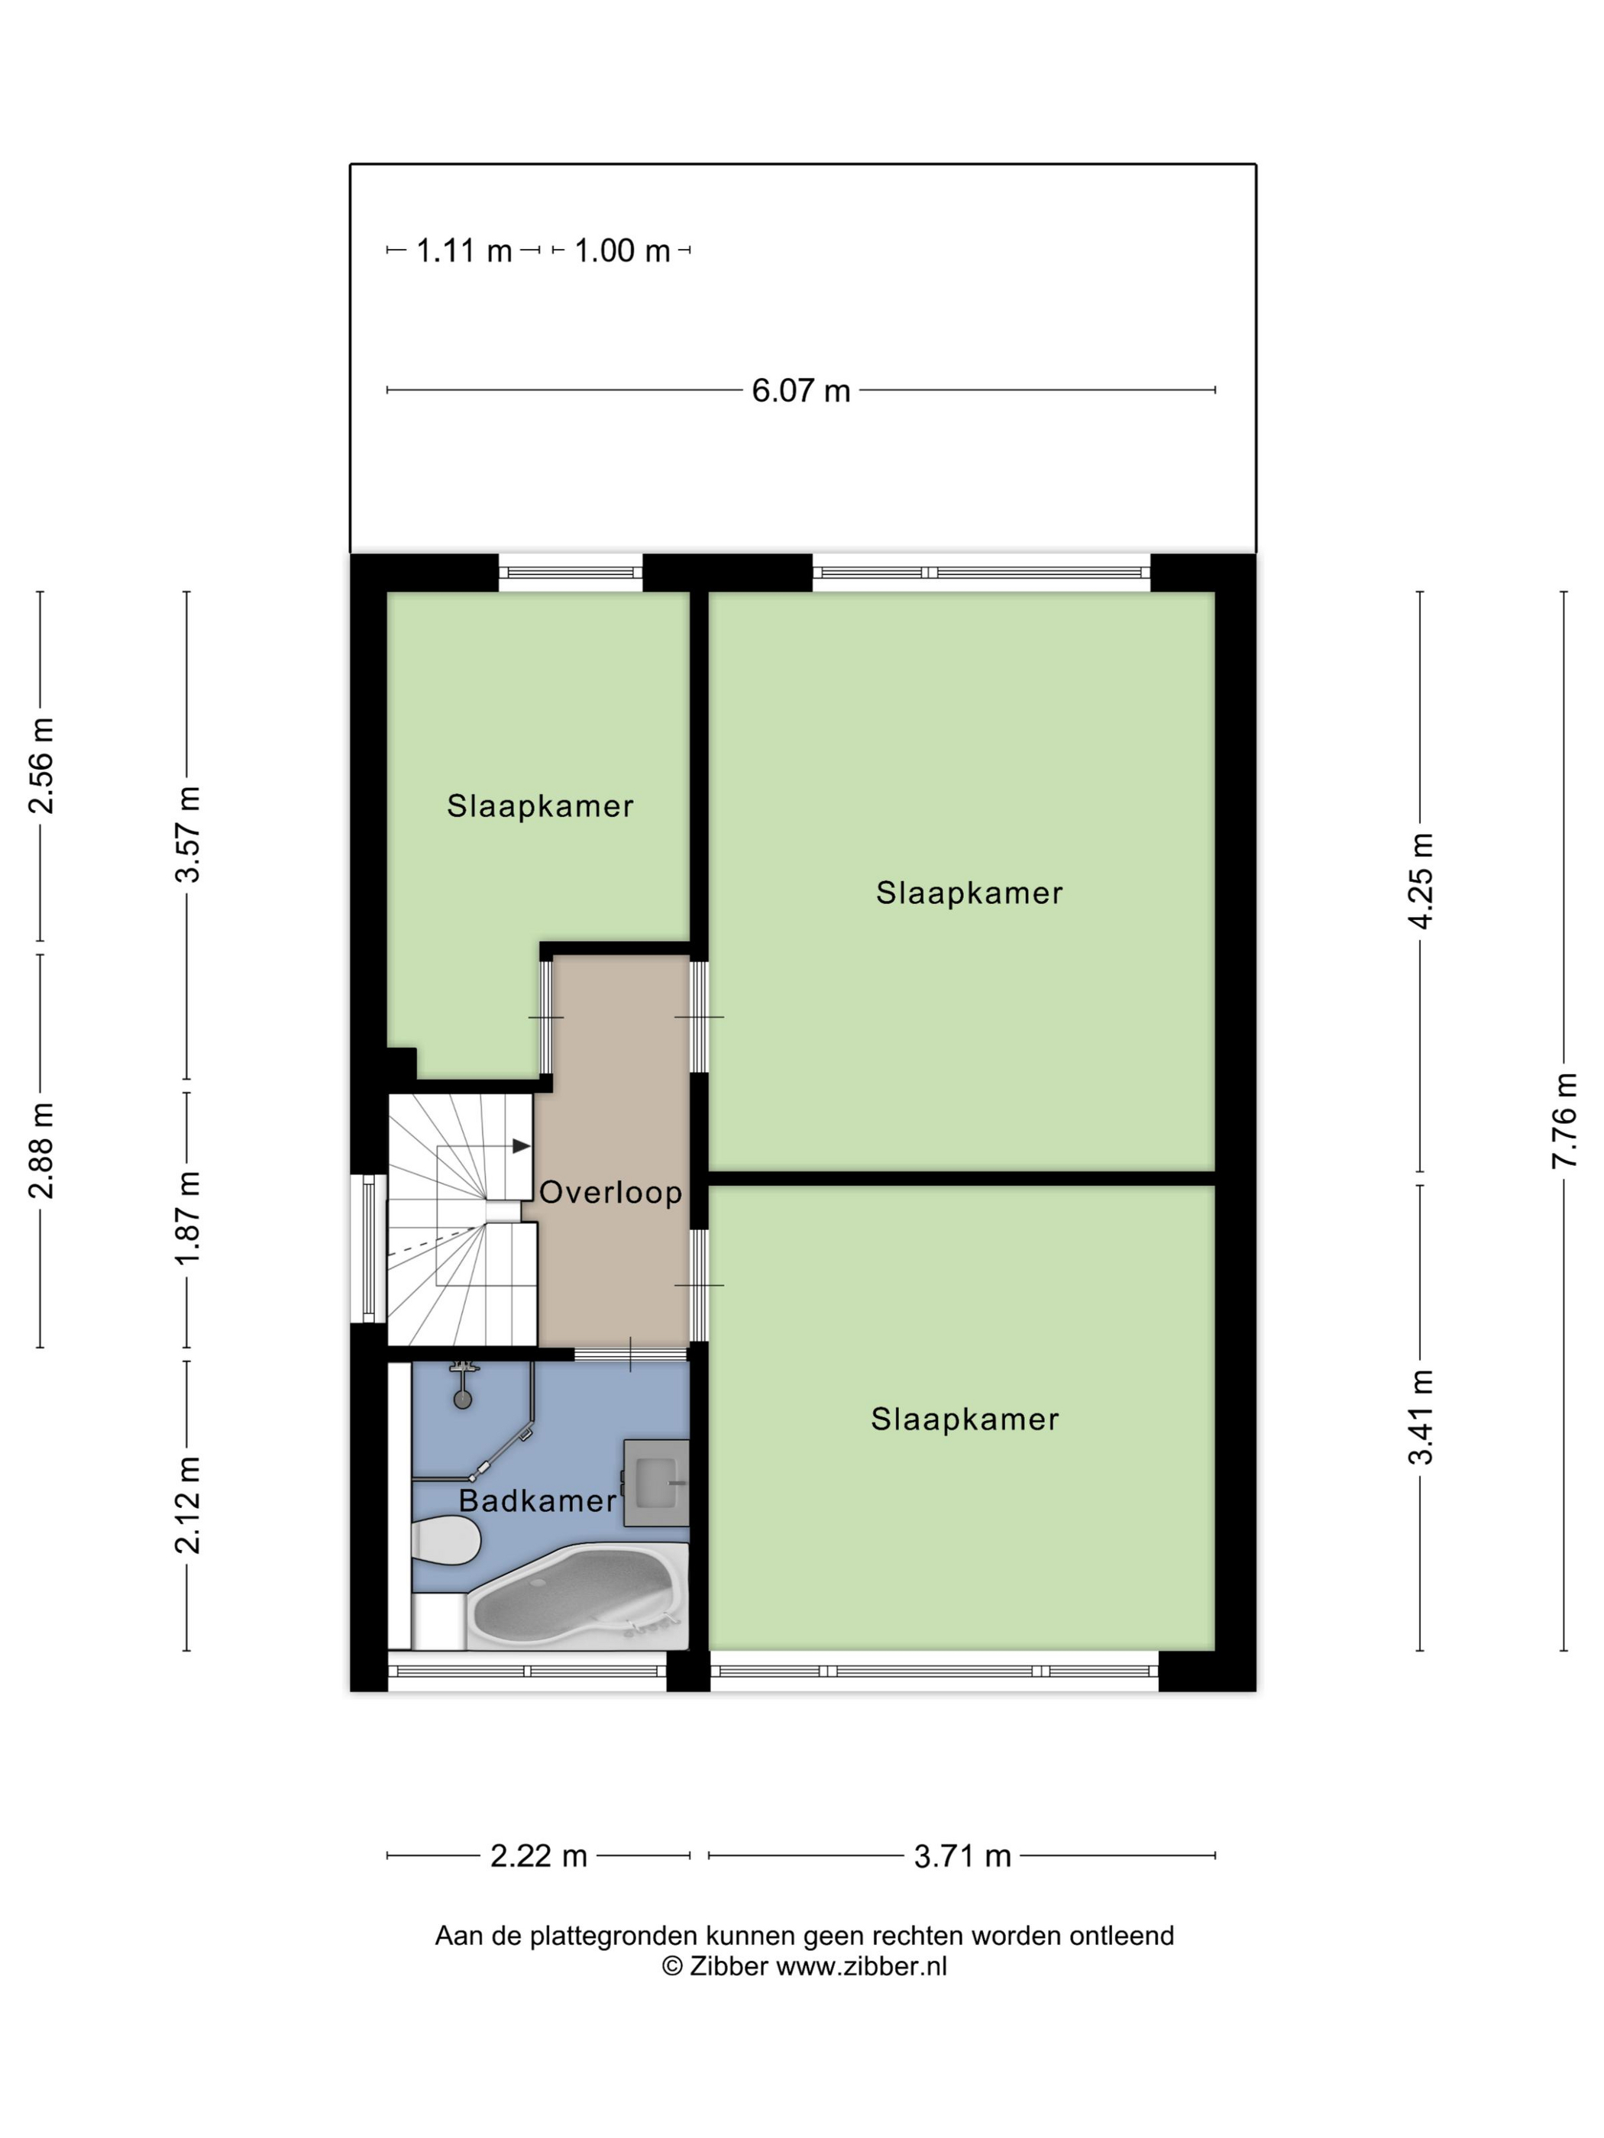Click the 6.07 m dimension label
click(800, 390)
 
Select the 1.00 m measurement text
click(622, 251)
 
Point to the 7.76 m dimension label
click(1564, 1121)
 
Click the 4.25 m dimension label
click(1420, 881)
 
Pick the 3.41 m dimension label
click(1420, 1417)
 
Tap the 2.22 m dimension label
click(538, 1855)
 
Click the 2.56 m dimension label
click(40, 766)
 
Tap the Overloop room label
click(610, 1193)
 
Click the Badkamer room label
click(538, 1501)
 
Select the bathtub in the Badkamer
click(578, 1596)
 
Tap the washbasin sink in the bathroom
click(656, 1483)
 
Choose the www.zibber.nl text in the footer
click(862, 1966)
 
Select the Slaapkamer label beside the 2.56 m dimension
click(539, 806)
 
